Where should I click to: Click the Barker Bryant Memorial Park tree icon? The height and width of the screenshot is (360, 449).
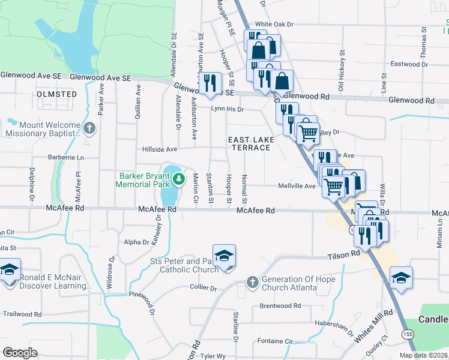[x=178, y=179]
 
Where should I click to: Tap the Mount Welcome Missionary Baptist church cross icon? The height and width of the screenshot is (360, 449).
[x=89, y=128]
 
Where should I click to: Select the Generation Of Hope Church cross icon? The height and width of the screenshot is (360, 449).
[x=253, y=282]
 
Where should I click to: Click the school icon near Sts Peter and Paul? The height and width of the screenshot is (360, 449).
[x=224, y=256]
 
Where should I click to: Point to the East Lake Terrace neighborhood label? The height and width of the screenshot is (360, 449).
[x=252, y=144]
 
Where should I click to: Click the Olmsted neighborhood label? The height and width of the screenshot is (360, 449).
[x=57, y=94]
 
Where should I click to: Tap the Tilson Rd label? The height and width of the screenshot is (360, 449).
[x=343, y=254]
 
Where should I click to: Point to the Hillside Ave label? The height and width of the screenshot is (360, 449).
[x=159, y=149]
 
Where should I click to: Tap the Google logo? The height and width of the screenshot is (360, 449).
[x=20, y=353]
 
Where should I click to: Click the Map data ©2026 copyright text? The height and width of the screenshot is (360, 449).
[x=423, y=355]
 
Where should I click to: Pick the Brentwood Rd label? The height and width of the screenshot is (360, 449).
[x=280, y=306]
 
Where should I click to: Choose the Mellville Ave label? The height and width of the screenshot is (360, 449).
[x=297, y=186]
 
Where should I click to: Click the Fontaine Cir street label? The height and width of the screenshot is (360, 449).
[x=274, y=341]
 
